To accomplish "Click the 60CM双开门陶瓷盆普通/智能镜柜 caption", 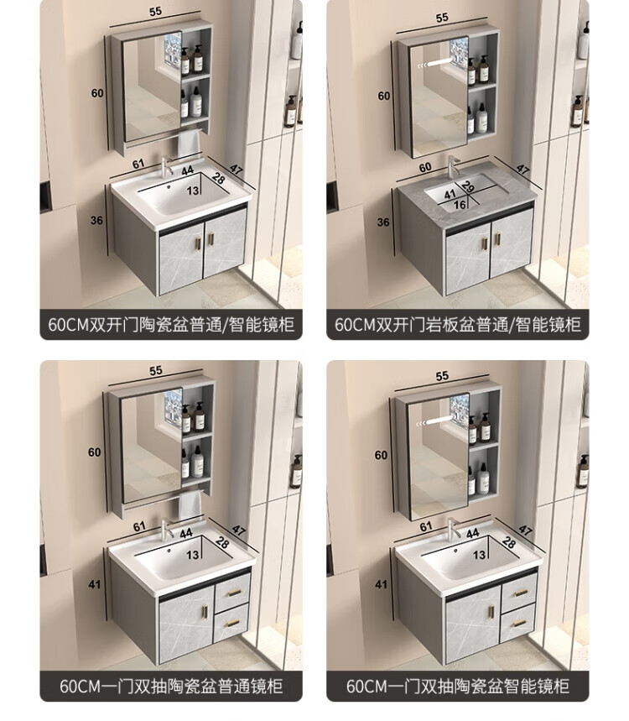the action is (x=171, y=324).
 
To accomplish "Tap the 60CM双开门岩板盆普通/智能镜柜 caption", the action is (x=458, y=324).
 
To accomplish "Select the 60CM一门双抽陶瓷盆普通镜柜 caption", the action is (x=171, y=686).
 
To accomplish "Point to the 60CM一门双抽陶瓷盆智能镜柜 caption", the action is (x=458, y=686).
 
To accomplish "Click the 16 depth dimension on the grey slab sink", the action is (x=460, y=205).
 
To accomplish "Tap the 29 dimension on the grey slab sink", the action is (x=468, y=186).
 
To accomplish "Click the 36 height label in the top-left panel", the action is (x=96, y=220).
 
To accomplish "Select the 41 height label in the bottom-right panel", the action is (x=381, y=584).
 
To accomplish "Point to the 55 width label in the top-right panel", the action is (x=441, y=18).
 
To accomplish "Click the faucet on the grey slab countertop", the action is (x=453, y=165).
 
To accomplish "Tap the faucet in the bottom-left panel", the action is (x=167, y=528).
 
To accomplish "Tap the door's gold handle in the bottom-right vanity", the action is (x=491, y=612).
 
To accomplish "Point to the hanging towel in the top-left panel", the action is (x=190, y=144).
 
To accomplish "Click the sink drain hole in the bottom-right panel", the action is (x=455, y=551).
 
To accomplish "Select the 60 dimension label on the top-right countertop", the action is (x=425, y=167).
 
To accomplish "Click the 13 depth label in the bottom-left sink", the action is (x=193, y=555).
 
